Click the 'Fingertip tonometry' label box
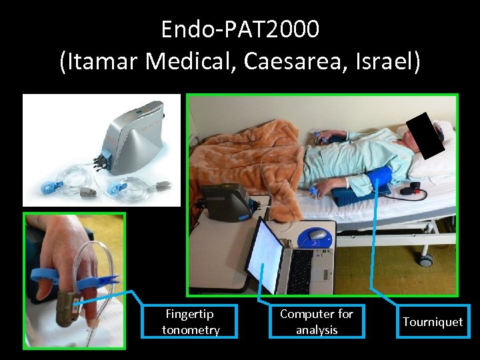click(x=191, y=321)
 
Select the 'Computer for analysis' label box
click(x=317, y=321)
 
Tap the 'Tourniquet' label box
click(x=432, y=321)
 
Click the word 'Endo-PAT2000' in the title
click(x=240, y=29)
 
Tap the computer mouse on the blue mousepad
click(x=318, y=235)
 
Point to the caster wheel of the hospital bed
click(x=425, y=259)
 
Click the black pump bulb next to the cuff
click(x=414, y=188)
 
